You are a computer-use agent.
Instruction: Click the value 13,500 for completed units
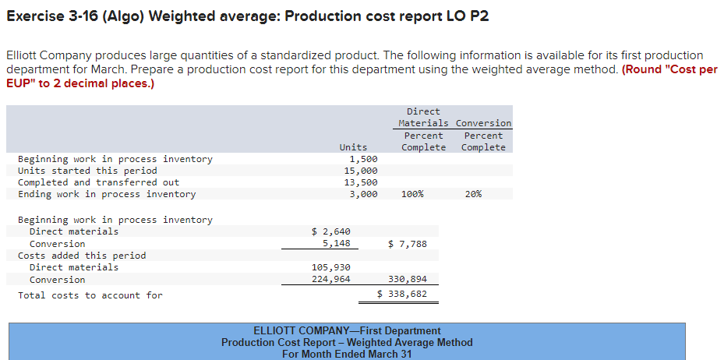(x=361, y=182)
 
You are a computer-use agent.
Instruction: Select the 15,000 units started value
(x=361, y=171)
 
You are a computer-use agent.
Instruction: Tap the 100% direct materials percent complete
(x=412, y=194)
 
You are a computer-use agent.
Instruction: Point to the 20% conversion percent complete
(x=472, y=194)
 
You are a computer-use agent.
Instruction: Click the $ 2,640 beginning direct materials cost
(x=330, y=231)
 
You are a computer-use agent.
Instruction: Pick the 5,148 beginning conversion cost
(x=336, y=243)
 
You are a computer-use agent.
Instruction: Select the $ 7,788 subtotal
(x=407, y=244)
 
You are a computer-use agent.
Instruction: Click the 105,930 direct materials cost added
(x=330, y=267)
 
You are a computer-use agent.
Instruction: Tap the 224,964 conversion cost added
(x=330, y=279)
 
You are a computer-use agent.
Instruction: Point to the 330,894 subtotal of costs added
(x=407, y=279)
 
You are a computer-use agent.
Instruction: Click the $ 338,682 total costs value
(x=401, y=295)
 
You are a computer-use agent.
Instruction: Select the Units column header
(x=353, y=147)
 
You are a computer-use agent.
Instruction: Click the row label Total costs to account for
(x=90, y=295)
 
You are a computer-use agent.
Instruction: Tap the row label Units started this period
(x=87, y=171)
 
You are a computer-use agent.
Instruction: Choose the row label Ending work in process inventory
(x=107, y=194)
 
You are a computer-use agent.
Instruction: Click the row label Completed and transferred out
(x=98, y=182)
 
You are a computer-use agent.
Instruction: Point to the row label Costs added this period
(x=82, y=256)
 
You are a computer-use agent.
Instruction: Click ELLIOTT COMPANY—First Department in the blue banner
(x=347, y=330)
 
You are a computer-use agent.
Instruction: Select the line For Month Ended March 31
(x=347, y=354)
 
